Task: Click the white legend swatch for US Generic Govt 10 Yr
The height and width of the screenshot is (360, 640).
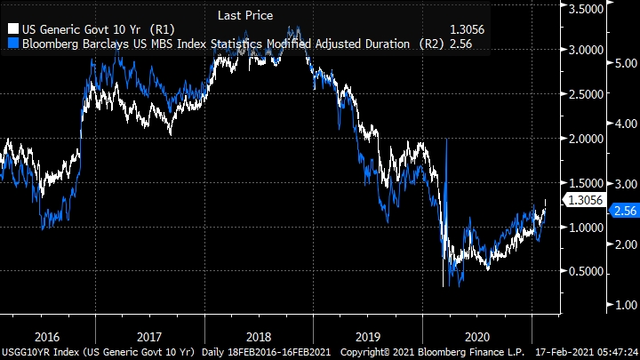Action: [x=12, y=28]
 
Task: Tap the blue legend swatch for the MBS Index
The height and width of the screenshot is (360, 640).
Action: [x=12, y=43]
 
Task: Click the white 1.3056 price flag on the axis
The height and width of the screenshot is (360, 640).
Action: [x=588, y=201]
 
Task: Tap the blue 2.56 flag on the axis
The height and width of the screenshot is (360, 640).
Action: [x=622, y=211]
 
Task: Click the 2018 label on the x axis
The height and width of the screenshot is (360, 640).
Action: [x=258, y=337]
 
